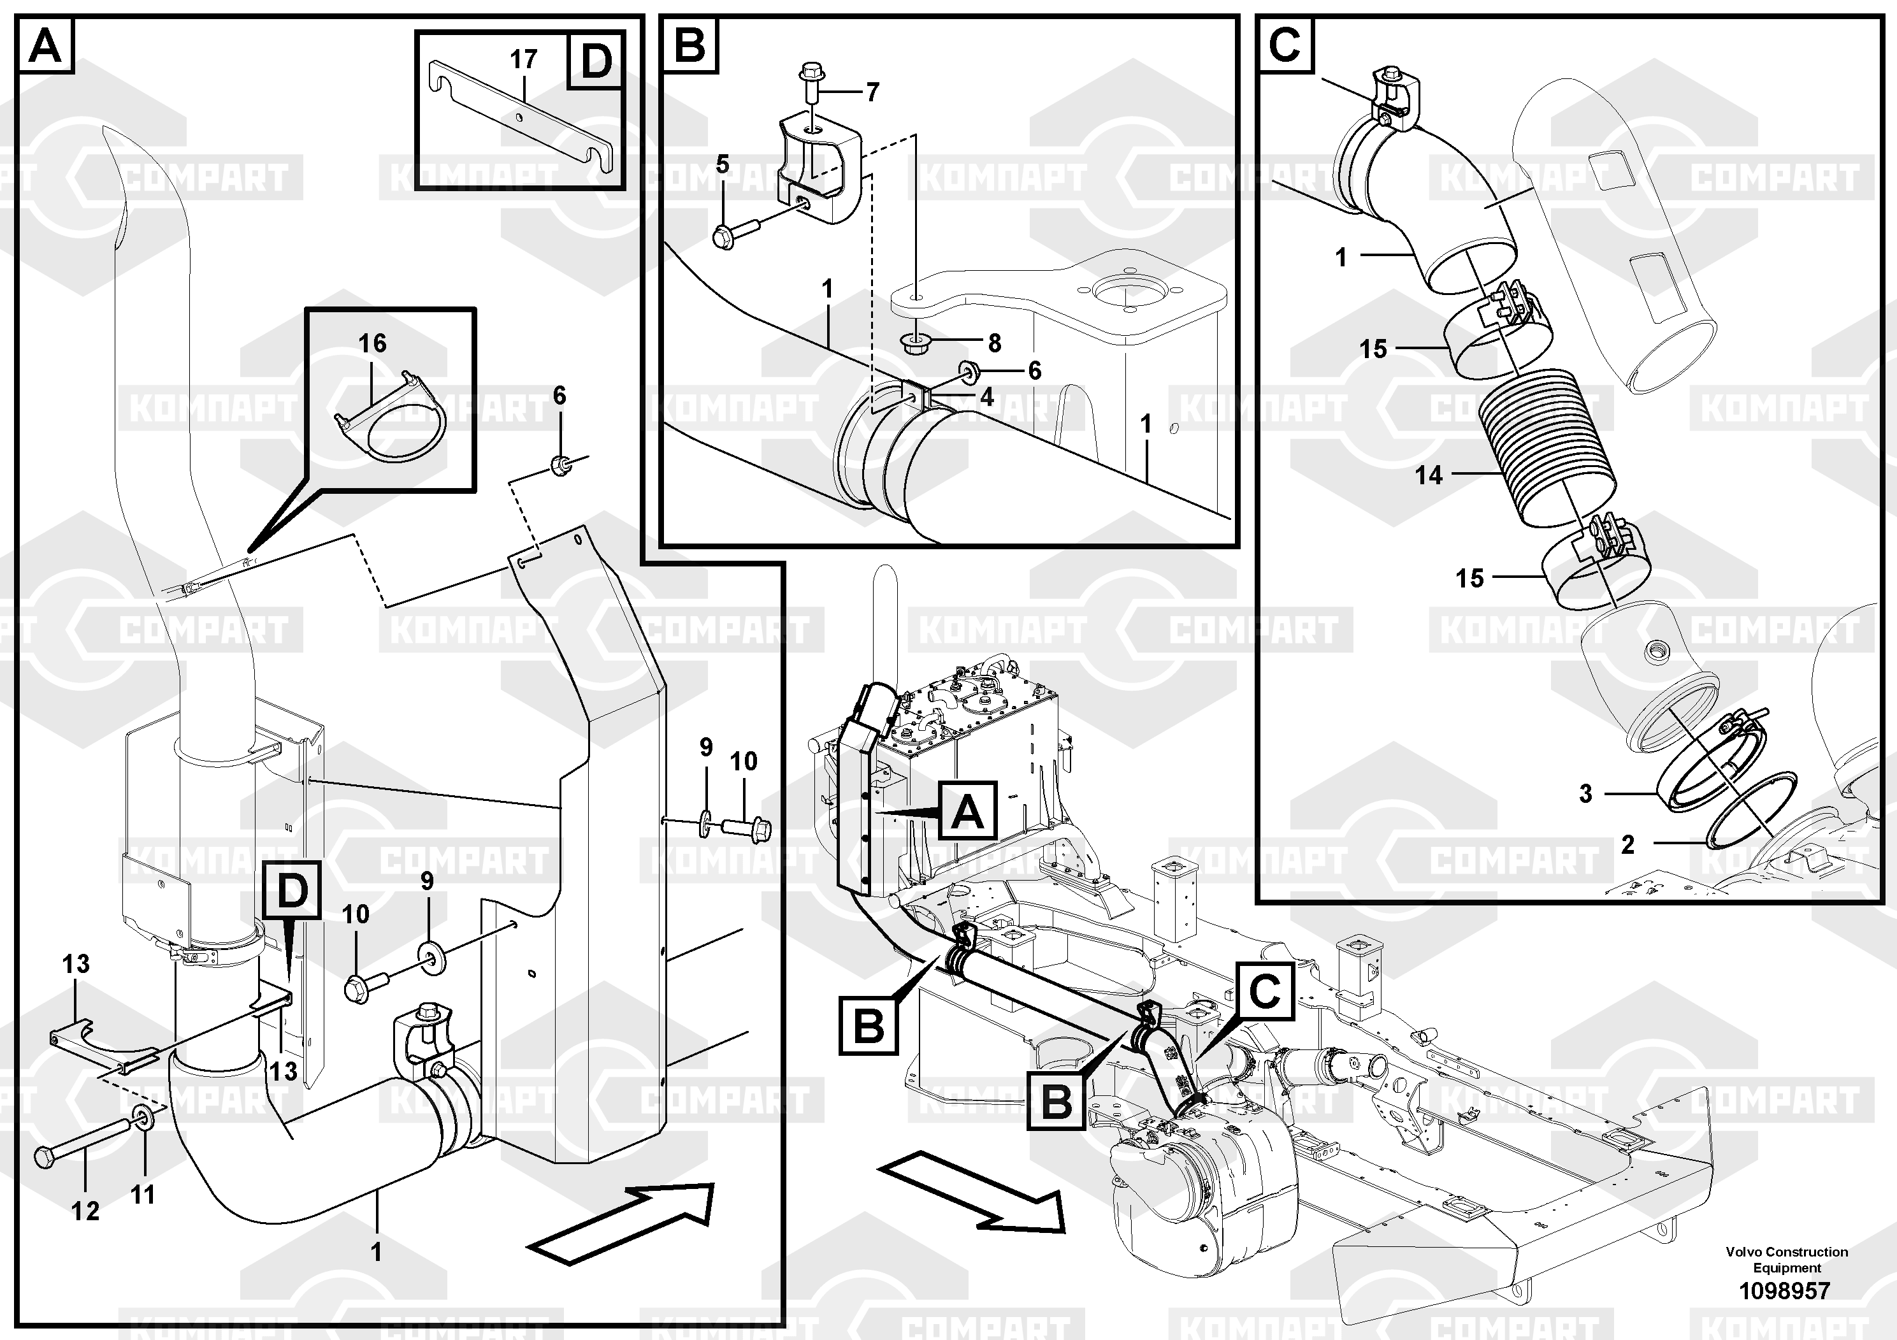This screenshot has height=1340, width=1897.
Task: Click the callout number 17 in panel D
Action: pos(524,59)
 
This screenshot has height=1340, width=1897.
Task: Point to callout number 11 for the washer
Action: pos(143,1194)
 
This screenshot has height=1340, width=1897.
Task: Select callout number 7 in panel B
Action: pos(872,92)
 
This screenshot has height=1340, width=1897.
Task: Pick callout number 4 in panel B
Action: pos(986,398)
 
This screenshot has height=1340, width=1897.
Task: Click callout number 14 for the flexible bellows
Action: pos(1429,475)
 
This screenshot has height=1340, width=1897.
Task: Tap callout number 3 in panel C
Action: pos(1585,793)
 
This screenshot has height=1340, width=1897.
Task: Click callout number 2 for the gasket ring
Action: pos(1627,844)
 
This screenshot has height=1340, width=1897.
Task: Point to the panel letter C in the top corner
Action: pos(1285,44)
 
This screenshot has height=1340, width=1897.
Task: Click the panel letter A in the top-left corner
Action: pos(45,45)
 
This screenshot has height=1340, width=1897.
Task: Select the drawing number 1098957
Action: pos(1785,1290)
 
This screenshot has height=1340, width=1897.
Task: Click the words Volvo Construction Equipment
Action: pos(1786,1259)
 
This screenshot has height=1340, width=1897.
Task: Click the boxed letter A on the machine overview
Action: pos(967,810)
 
